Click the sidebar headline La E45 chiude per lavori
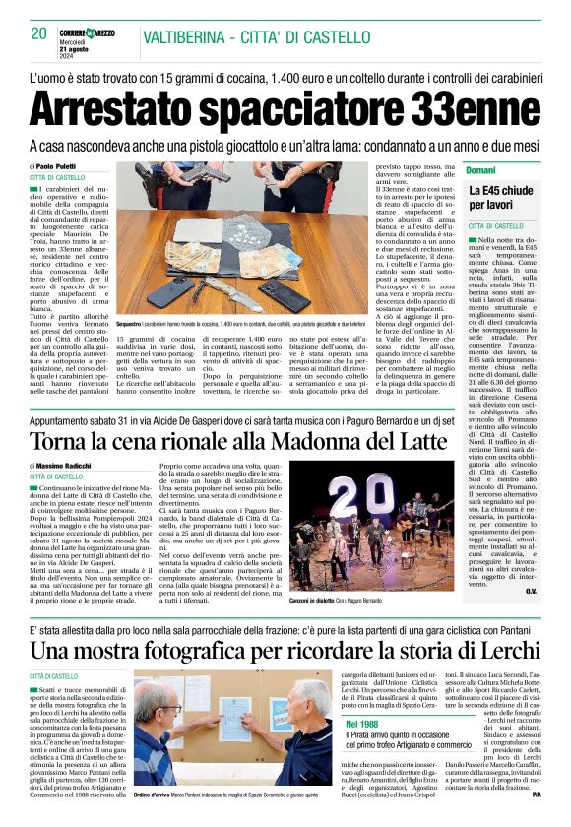click(500, 196)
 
